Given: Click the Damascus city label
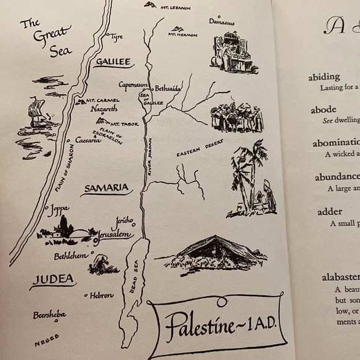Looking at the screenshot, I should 222,22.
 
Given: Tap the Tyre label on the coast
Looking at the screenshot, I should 116,37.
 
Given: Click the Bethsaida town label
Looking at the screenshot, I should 168,89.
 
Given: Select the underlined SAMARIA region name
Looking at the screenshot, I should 107,187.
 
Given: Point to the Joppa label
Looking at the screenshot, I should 59,209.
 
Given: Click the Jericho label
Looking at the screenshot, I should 124,221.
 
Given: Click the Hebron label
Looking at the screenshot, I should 102,296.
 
